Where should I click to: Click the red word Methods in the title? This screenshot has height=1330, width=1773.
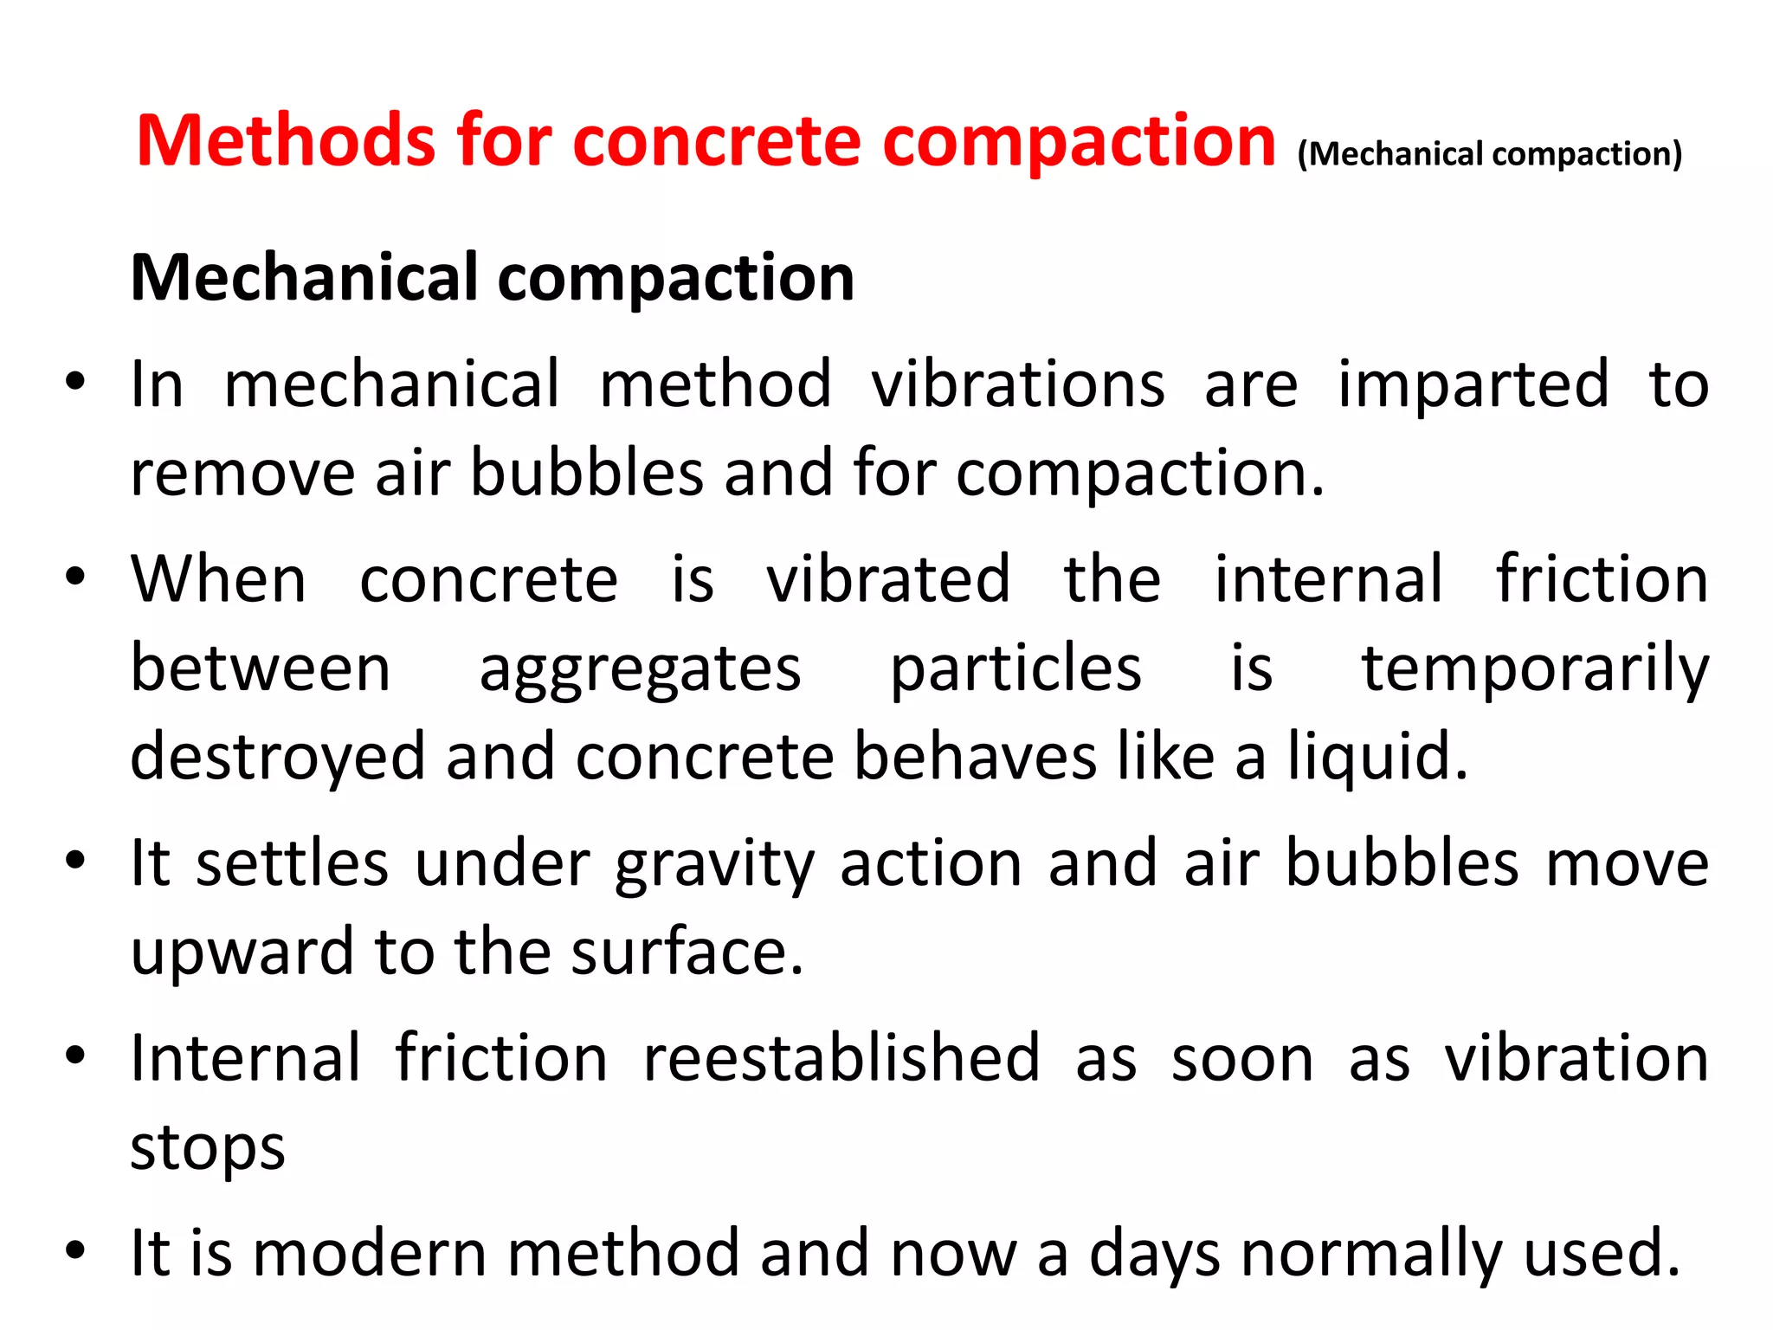coord(286,141)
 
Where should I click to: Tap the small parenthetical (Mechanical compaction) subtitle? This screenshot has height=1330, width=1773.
coord(1489,154)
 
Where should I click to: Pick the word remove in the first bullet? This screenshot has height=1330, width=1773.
coord(242,474)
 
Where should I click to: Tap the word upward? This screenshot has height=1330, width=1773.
coord(242,952)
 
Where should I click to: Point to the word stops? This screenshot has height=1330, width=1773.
coord(208,1148)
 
